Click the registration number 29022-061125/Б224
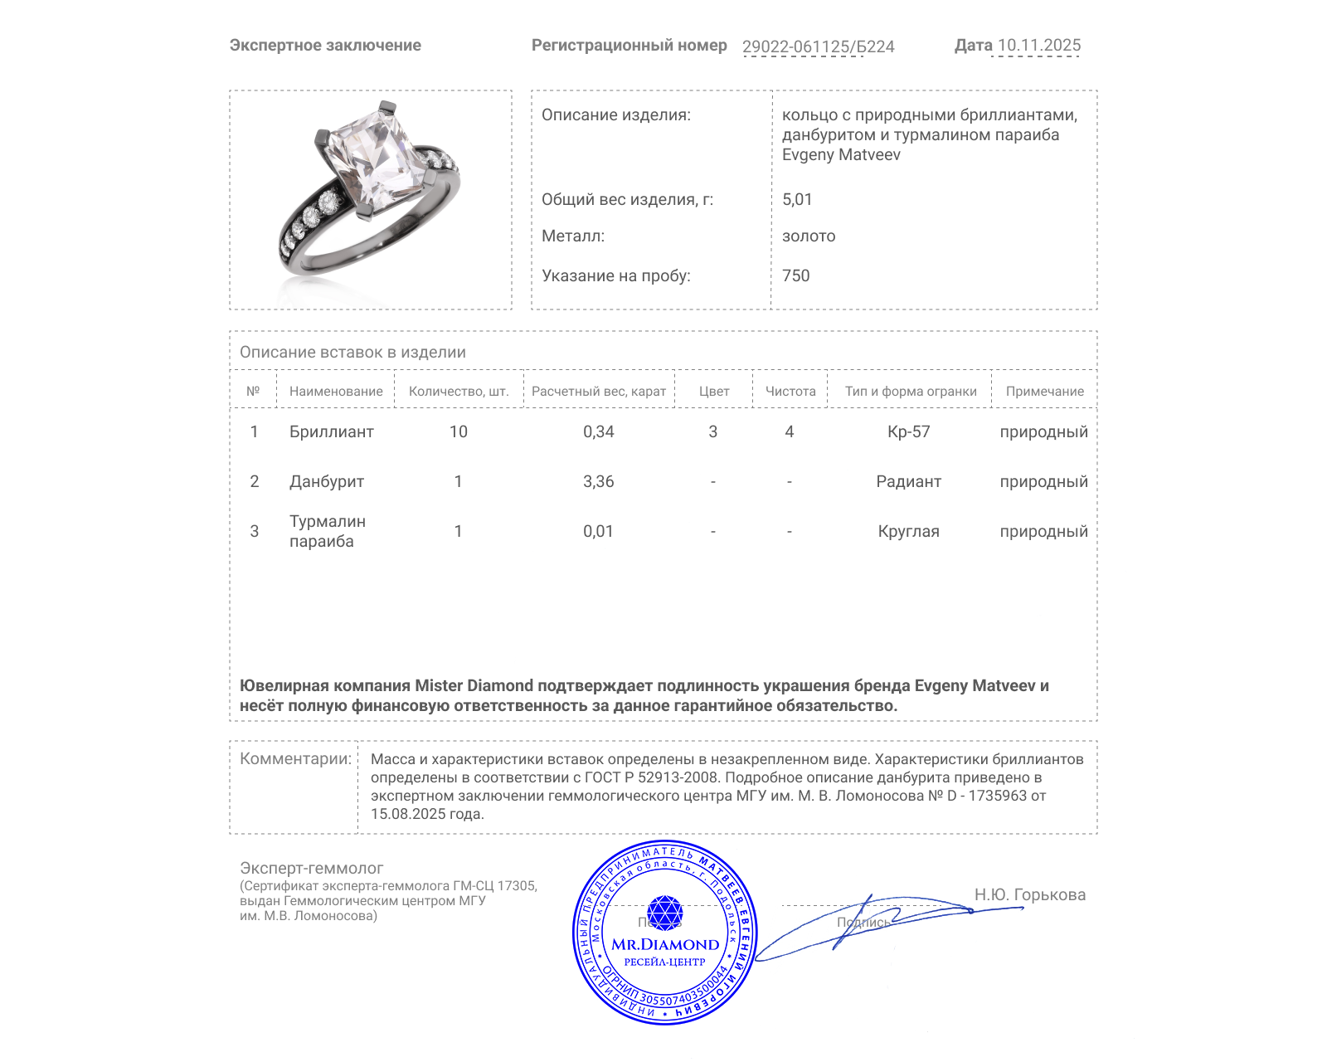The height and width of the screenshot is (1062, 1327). [x=818, y=46]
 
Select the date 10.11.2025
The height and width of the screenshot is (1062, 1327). [x=1038, y=46]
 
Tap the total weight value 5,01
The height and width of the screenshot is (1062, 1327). [x=797, y=199]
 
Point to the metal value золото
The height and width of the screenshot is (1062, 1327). [x=809, y=236]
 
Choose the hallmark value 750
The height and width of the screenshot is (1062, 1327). [x=795, y=275]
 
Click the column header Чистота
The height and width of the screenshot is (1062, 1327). [x=790, y=392]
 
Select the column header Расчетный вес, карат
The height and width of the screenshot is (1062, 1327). [x=599, y=392]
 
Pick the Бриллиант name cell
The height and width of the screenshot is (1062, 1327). [x=331, y=431]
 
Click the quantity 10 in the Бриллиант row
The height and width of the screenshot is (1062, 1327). [x=459, y=431]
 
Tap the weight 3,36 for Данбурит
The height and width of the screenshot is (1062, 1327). [x=599, y=481]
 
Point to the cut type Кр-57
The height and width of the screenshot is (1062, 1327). [x=909, y=431]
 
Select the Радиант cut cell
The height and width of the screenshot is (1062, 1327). [x=909, y=481]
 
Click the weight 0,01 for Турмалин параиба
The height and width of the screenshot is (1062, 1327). [x=599, y=531]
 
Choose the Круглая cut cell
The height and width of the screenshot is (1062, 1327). [x=909, y=531]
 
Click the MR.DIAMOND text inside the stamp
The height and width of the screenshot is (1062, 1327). [x=665, y=944]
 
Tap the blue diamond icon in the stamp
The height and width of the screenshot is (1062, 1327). [x=664, y=913]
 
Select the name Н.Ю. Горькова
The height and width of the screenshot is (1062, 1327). [x=1029, y=894]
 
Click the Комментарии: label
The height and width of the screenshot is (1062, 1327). [x=295, y=758]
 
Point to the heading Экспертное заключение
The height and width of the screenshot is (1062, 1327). [x=325, y=46]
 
